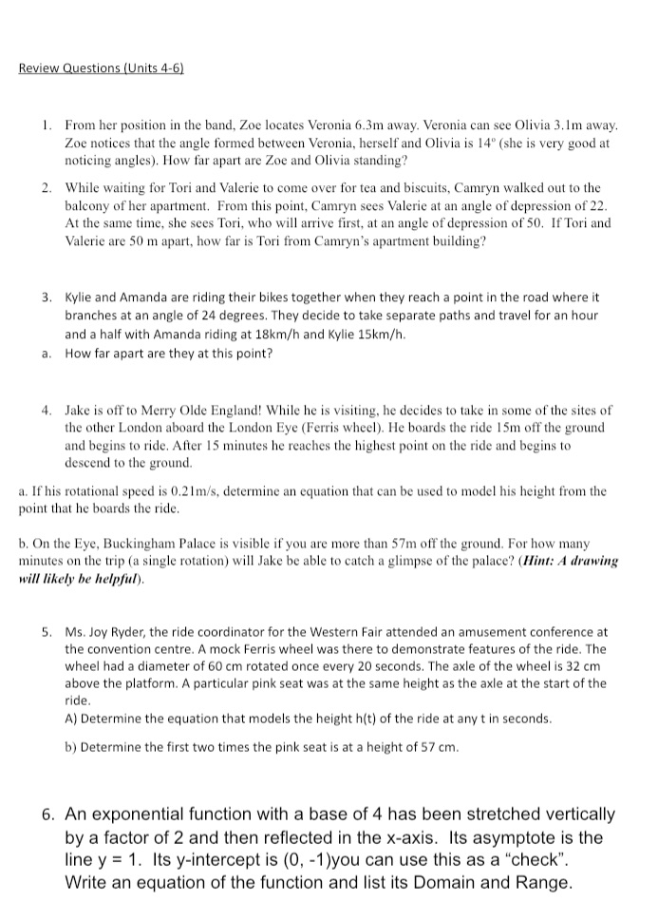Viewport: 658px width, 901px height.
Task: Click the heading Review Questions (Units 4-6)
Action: click(x=102, y=69)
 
